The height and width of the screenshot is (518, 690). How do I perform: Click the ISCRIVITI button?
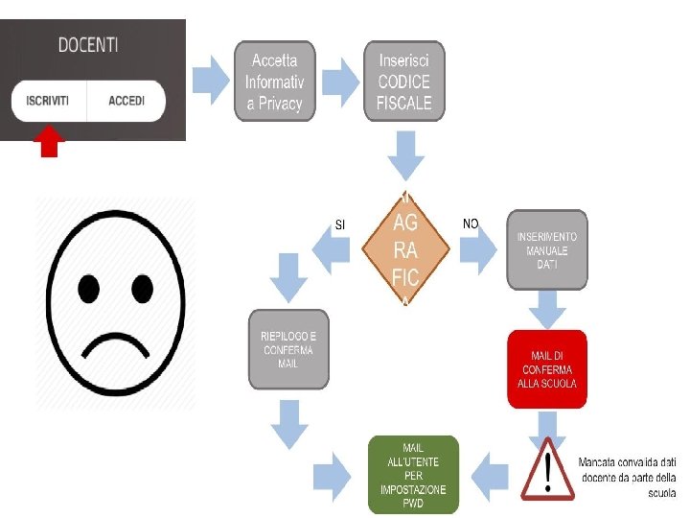47,101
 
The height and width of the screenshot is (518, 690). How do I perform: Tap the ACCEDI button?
126,101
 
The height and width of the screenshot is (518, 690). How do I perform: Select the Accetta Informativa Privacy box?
274,82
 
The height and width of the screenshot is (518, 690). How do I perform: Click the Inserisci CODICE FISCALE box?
404,82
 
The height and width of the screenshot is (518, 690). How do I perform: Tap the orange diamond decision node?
405,250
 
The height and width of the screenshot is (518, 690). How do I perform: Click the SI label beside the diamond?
339,225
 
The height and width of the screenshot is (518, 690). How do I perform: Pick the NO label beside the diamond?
471,224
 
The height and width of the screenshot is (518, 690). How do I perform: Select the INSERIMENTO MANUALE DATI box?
547,249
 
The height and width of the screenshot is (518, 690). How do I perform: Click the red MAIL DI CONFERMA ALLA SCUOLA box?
546,369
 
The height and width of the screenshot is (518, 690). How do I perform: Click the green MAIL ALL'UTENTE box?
414,474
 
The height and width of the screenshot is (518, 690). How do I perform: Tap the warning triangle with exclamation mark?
547,470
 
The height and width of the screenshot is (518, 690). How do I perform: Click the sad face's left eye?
89,286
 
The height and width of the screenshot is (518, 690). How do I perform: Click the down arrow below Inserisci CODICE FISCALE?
406,153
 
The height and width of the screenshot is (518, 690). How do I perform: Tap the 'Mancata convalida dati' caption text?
628,477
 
